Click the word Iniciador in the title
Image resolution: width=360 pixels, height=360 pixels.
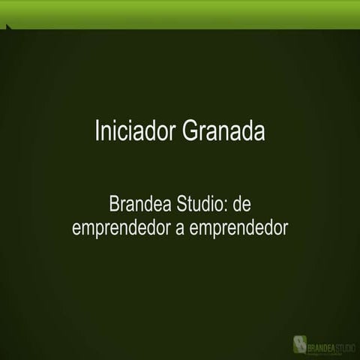pyautogui.click(x=136, y=130)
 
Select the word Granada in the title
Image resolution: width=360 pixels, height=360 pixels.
pyautogui.click(x=224, y=130)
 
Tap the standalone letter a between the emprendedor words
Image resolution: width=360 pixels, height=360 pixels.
pyautogui.click(x=179, y=228)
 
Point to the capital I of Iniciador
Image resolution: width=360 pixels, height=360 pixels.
pyautogui.click(x=97, y=130)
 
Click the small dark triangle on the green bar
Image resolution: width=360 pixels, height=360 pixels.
pyautogui.click(x=8, y=28)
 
